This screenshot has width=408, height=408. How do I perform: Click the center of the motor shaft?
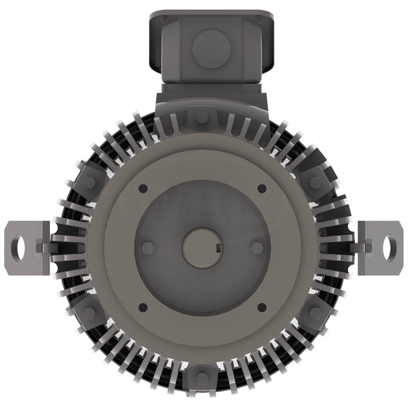pyautogui.click(x=203, y=248)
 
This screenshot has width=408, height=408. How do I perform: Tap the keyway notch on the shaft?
pyautogui.click(x=220, y=248)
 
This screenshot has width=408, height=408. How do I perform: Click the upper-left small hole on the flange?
pyautogui.click(x=144, y=189)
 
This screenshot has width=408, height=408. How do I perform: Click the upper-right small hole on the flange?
pyautogui.click(x=262, y=189)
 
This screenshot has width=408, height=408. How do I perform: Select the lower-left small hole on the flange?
pyautogui.click(x=144, y=307)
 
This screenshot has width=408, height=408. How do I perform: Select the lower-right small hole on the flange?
pyautogui.click(x=262, y=307)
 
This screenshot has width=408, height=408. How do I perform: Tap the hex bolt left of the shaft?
pyautogui.click(x=148, y=248)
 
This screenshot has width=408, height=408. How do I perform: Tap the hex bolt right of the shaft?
pyautogui.click(x=257, y=248)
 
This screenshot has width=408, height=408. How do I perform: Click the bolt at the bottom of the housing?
pyautogui.click(x=203, y=378)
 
